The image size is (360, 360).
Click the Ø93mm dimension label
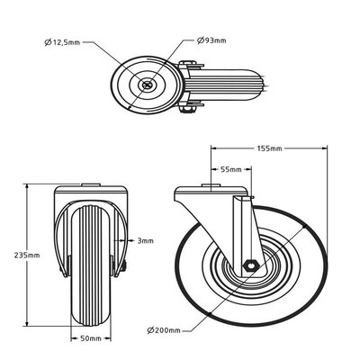[211, 41]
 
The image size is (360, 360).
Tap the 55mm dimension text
[231, 169]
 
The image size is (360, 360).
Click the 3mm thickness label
[145, 240]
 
